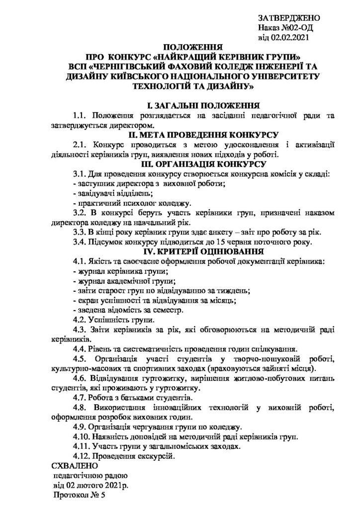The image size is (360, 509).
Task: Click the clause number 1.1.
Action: (80, 116)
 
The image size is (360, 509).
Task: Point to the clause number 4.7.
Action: (80, 398)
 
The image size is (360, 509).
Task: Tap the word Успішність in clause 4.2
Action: (109, 320)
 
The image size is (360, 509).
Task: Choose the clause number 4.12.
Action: (82, 456)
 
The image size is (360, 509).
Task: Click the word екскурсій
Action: (157, 456)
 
